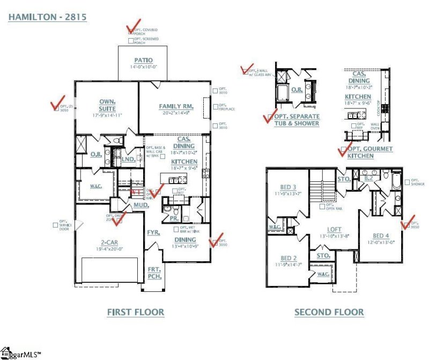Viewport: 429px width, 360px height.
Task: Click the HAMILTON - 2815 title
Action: (47, 17)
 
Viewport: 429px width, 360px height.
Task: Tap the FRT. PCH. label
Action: (154, 273)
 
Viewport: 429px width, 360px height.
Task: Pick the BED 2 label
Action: (289, 259)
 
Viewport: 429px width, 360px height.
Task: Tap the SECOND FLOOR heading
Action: (329, 312)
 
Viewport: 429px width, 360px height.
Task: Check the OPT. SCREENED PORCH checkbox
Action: (130, 41)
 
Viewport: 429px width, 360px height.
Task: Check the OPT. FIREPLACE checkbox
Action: (214, 107)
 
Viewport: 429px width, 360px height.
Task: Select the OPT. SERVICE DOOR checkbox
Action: (55, 225)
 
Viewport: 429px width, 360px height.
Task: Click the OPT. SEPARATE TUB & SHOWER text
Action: (297, 120)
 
